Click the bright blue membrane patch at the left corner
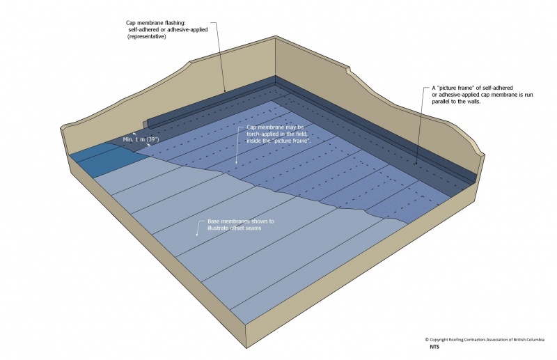104,159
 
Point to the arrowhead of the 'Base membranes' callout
197,236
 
